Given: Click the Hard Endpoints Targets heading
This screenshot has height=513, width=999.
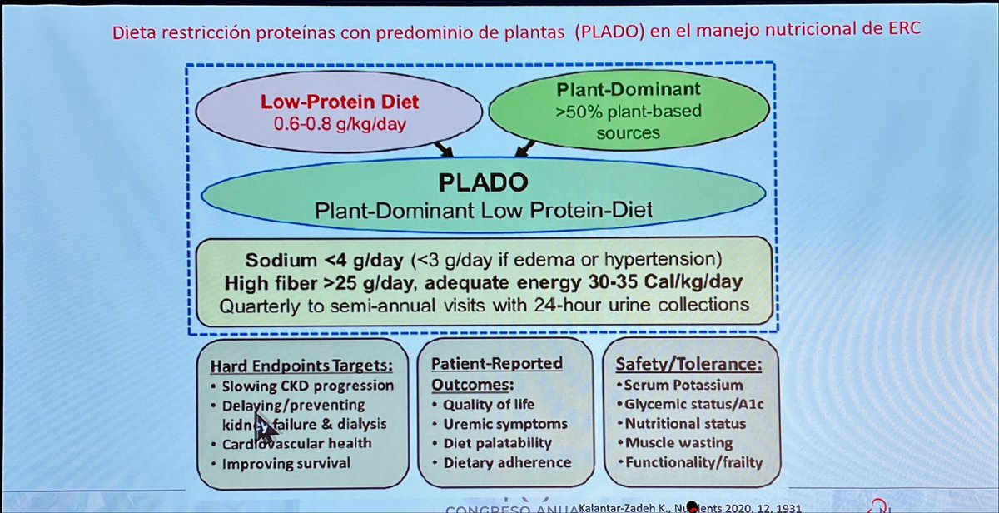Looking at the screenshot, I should tap(301, 365).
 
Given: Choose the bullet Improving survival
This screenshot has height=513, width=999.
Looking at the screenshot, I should tap(286, 463).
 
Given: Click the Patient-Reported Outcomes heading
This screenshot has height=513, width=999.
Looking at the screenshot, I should tap(497, 374).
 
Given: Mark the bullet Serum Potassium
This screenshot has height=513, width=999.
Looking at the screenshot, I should tap(680, 385).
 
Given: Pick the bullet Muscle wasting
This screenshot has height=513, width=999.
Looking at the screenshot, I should tap(678, 443).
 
